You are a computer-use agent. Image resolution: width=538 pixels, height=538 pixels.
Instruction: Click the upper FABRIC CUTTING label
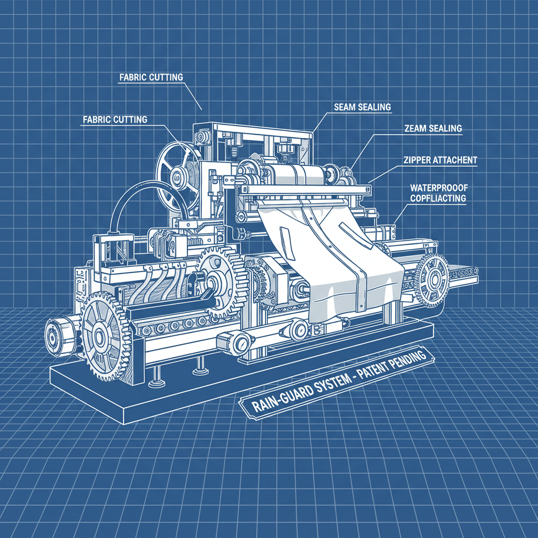pos(151,77)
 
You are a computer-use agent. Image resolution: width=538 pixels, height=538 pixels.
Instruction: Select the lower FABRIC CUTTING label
pos(115,119)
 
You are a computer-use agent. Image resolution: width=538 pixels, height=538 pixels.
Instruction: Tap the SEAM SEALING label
pos(363,107)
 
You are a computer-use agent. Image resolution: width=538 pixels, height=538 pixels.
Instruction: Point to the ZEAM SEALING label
pos(433,128)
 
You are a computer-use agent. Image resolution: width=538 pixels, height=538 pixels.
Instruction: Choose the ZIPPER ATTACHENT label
pos(440,160)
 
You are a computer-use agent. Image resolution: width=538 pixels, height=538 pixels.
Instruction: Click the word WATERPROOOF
pos(439,188)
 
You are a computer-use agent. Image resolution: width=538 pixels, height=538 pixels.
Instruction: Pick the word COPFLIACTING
pos(438,198)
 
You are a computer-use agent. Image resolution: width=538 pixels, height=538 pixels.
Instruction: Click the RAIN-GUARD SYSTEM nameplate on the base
pos(337,384)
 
